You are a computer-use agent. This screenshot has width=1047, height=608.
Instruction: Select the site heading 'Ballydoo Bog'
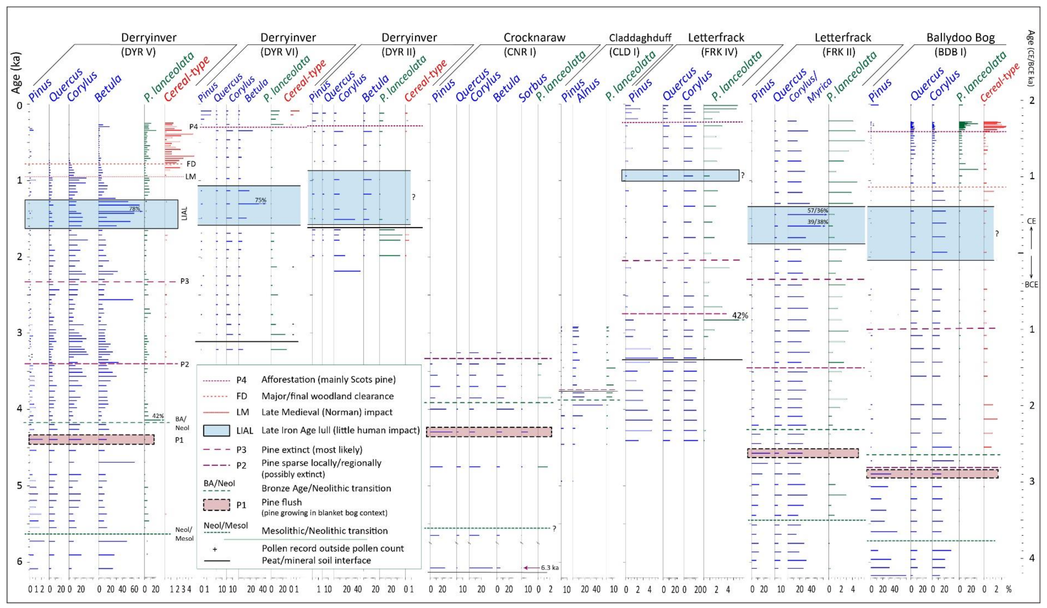(960, 38)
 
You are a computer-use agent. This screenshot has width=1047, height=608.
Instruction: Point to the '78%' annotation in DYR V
(134, 209)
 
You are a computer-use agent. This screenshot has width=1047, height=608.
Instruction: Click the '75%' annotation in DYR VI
(261, 200)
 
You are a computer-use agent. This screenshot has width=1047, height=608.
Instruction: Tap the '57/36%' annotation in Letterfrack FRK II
(817, 211)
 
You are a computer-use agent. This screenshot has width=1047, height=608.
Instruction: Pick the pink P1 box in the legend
(216, 505)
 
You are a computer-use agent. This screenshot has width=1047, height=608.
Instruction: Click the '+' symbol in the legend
(215, 549)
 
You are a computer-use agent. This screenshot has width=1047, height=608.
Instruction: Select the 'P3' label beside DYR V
(184, 281)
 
